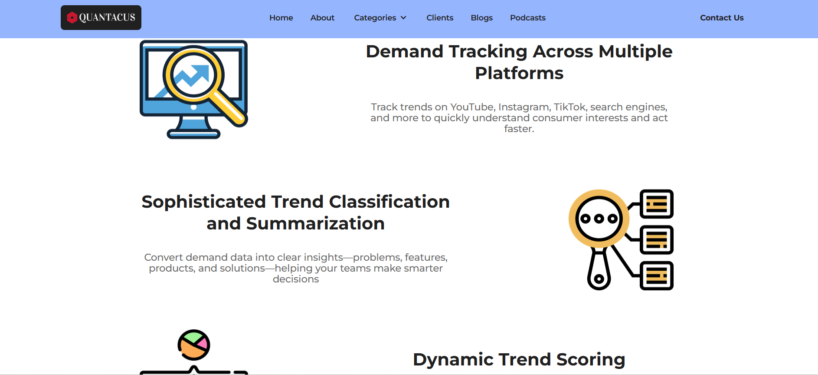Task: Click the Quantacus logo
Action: click(101, 17)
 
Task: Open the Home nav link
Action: click(281, 18)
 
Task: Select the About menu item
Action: click(322, 18)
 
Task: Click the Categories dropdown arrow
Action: click(403, 18)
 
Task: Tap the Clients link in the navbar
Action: click(440, 18)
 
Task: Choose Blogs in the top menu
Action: click(482, 18)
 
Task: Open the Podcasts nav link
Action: click(528, 18)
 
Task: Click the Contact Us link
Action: click(722, 18)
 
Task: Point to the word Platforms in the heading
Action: click(519, 73)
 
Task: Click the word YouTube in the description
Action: click(472, 107)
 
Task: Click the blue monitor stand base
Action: click(194, 134)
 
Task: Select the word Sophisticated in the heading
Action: click(203, 202)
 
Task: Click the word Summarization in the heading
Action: click(315, 223)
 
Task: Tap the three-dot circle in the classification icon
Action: click(599, 219)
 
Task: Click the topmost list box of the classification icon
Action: click(657, 204)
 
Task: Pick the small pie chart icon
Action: click(194, 345)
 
